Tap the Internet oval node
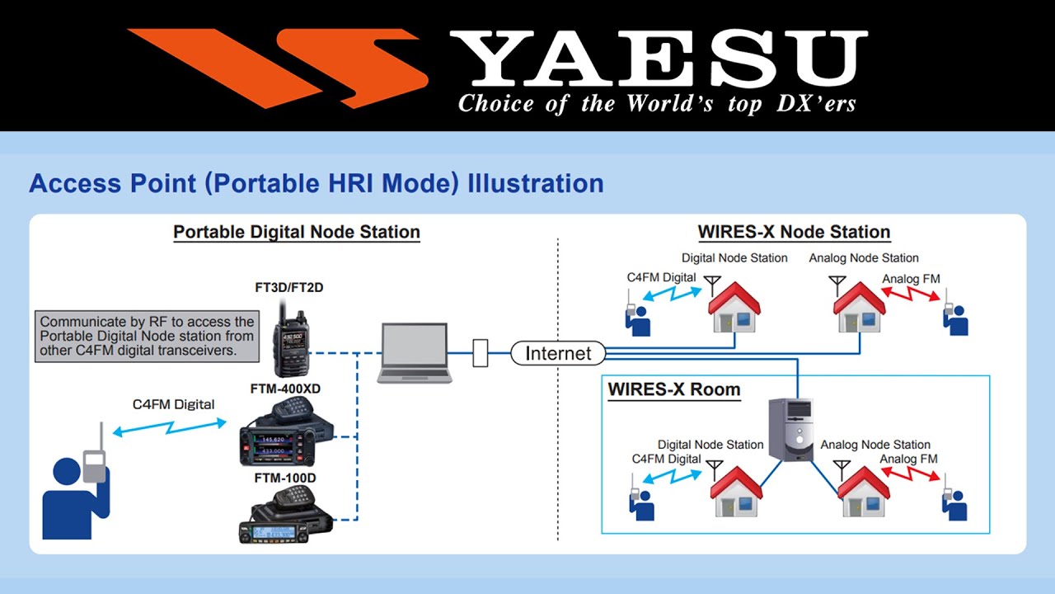[558, 354]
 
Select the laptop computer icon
[415, 353]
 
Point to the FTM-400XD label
[286, 388]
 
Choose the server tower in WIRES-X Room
[790, 430]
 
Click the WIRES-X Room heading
[674, 389]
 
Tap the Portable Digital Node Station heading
[297, 233]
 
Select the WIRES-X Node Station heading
[794, 233]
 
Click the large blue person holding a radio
[76, 487]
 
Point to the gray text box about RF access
[148, 336]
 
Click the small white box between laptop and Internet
[481, 353]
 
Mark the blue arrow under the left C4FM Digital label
[170, 427]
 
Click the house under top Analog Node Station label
[860, 308]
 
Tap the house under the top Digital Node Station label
[734, 308]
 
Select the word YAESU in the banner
[658, 59]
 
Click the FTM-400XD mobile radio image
[285, 432]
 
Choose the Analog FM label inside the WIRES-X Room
[908, 459]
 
